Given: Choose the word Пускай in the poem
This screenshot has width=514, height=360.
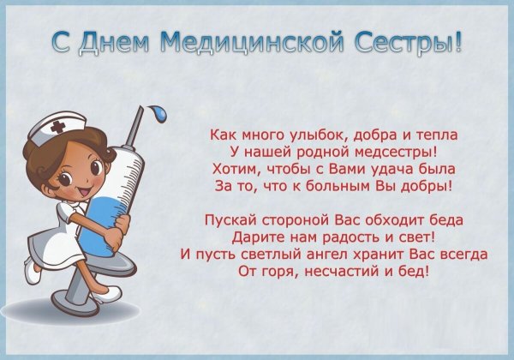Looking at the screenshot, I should coord(229,222).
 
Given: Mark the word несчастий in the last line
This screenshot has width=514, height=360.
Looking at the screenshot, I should coord(336,271).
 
